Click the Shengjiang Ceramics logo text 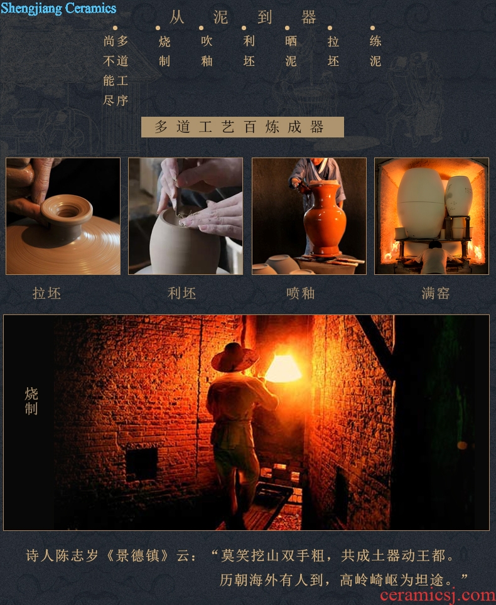(58, 8)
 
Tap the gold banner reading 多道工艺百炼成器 (242, 127)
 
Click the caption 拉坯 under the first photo (46, 294)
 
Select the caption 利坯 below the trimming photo (182, 294)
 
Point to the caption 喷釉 (301, 294)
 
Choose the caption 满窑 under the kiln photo (436, 294)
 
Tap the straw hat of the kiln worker (235, 357)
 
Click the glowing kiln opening (283, 368)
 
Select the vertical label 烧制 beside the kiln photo (31, 401)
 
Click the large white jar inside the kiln (421, 202)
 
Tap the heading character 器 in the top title (308, 18)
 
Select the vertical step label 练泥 (375, 51)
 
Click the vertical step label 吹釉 (207, 51)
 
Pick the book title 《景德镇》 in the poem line (137, 556)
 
